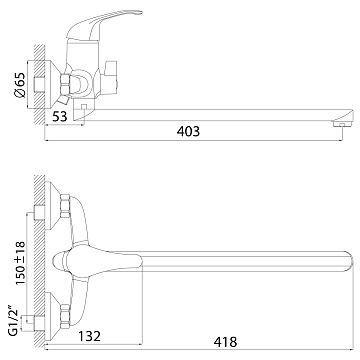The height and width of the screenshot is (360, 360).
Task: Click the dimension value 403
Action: (189, 131)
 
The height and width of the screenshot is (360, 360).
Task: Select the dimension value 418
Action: (225, 342)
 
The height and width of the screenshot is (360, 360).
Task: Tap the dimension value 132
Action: (89, 336)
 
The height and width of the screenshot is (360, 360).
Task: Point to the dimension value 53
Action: (59, 116)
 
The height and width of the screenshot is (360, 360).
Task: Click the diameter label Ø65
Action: (20, 85)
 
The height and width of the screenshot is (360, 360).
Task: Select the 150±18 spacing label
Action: (20, 263)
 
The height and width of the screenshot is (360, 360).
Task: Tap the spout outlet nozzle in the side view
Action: (342, 125)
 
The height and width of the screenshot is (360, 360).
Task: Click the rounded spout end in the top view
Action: (348, 261)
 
